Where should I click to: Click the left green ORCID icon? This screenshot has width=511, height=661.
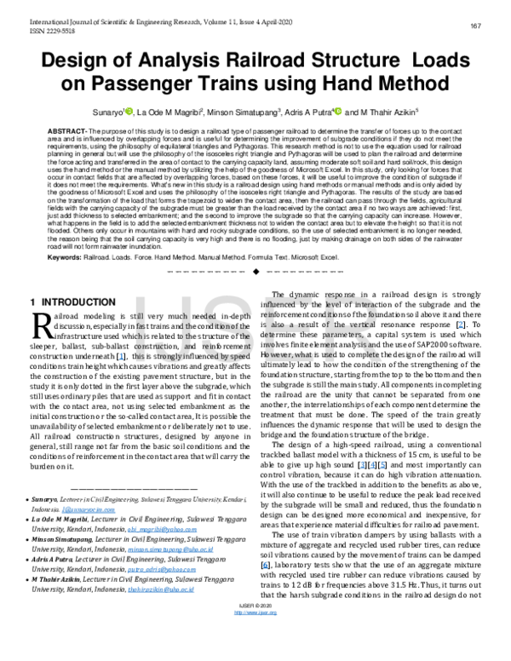(x=129, y=111)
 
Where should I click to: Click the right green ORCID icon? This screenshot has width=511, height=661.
(x=338, y=111)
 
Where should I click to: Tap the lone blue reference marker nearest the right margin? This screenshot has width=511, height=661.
(x=461, y=325)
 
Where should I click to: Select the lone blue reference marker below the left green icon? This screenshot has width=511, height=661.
(x=121, y=356)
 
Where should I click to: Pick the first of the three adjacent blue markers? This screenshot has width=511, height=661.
(x=362, y=464)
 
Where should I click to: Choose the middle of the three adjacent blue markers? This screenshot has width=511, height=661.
(x=372, y=464)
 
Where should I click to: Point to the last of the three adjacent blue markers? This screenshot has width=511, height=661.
(x=382, y=464)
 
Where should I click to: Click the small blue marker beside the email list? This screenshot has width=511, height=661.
(x=265, y=565)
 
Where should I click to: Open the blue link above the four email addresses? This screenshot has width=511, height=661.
(x=88, y=509)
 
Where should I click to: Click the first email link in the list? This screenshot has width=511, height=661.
(x=162, y=529)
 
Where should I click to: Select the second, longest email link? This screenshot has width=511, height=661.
(x=170, y=549)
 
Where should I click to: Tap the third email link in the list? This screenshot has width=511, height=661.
(x=162, y=569)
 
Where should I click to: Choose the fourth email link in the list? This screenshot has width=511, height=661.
(x=161, y=589)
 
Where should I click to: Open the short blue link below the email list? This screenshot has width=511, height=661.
(x=255, y=612)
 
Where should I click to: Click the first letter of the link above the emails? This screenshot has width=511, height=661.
(x=63, y=509)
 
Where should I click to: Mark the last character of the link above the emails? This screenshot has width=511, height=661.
(x=113, y=509)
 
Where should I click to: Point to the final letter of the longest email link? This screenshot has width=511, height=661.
(x=212, y=549)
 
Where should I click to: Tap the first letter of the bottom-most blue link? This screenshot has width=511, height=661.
(x=235, y=612)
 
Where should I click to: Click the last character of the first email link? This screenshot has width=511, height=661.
(x=195, y=529)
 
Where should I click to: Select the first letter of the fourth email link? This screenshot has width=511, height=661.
(x=129, y=589)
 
